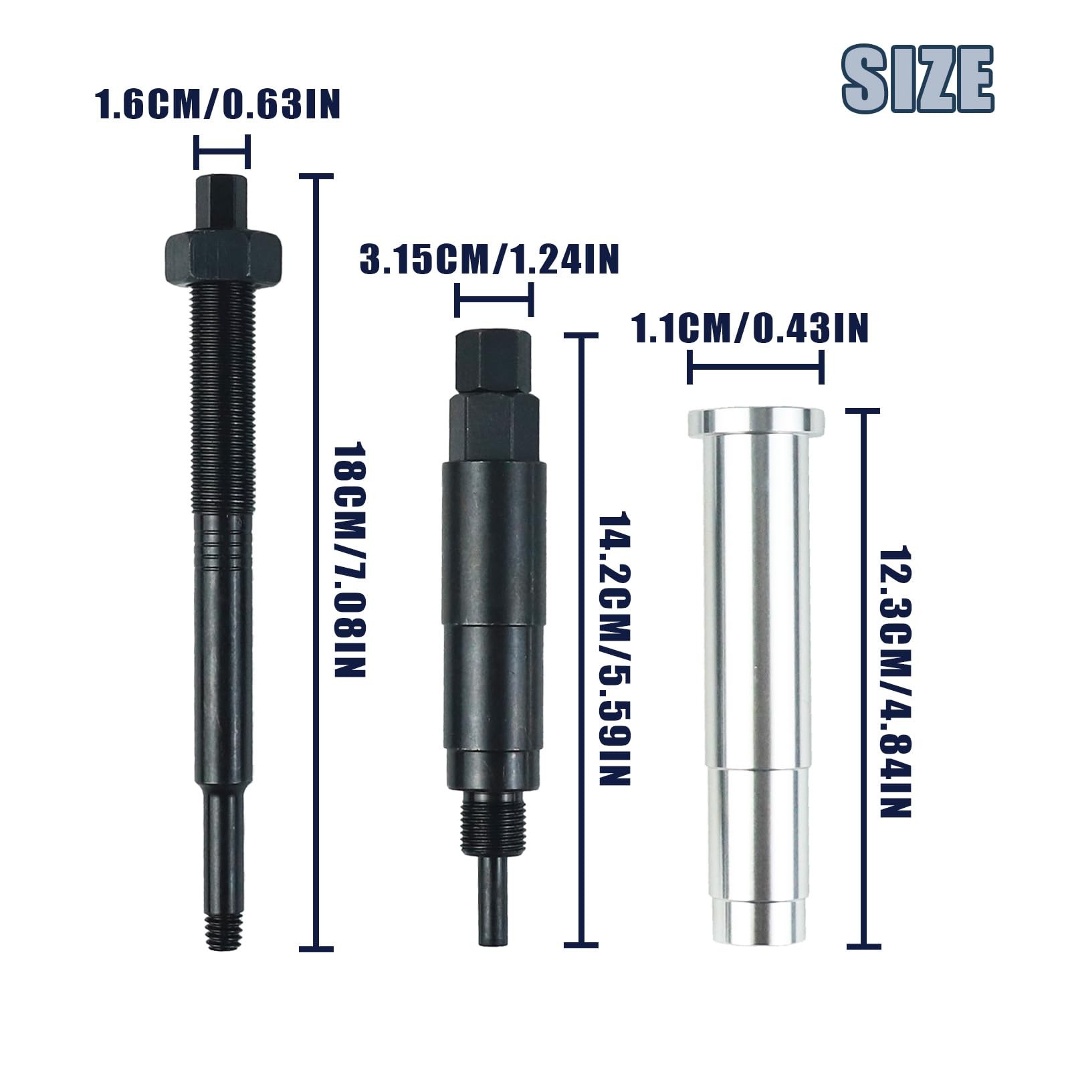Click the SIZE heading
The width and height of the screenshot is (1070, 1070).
tap(918, 79)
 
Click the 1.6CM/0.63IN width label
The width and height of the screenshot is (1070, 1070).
tap(219, 105)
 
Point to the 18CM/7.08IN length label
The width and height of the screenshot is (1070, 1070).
tap(350, 559)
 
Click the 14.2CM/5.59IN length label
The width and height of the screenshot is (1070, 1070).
tap(613, 649)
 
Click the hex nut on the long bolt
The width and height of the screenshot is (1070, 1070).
tap(222, 255)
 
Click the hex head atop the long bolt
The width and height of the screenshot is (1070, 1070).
tap(222, 203)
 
